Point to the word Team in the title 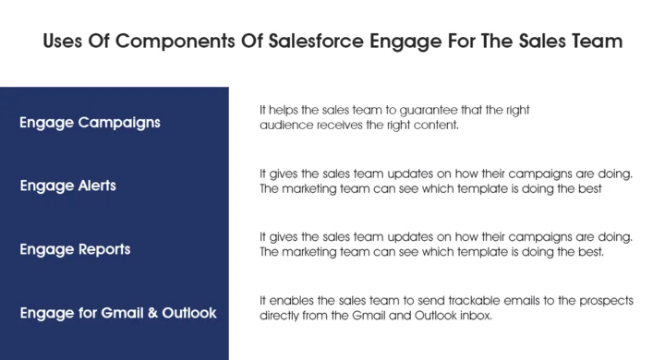click(598, 42)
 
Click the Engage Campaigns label click(90, 123)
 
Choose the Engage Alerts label click(68, 186)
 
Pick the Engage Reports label click(75, 249)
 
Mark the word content click(434, 125)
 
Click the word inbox click(478, 315)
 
